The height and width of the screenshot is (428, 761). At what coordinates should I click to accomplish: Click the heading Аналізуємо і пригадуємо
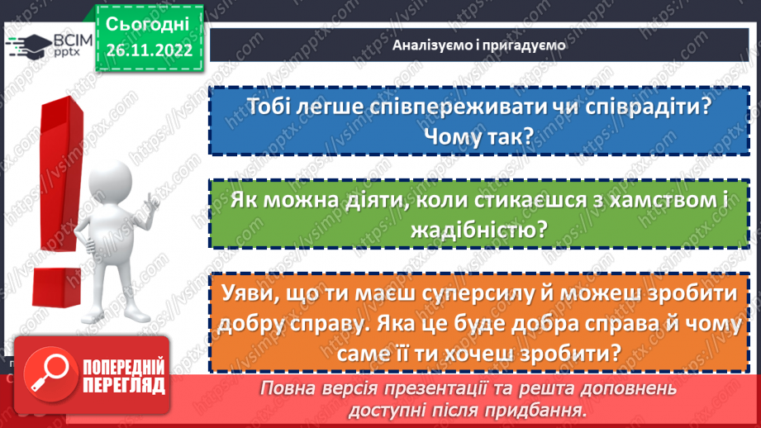(x=479, y=45)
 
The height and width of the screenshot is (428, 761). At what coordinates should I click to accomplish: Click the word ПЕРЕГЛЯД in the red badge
(x=125, y=385)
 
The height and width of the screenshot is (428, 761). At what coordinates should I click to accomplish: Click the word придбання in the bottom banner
(x=539, y=409)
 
